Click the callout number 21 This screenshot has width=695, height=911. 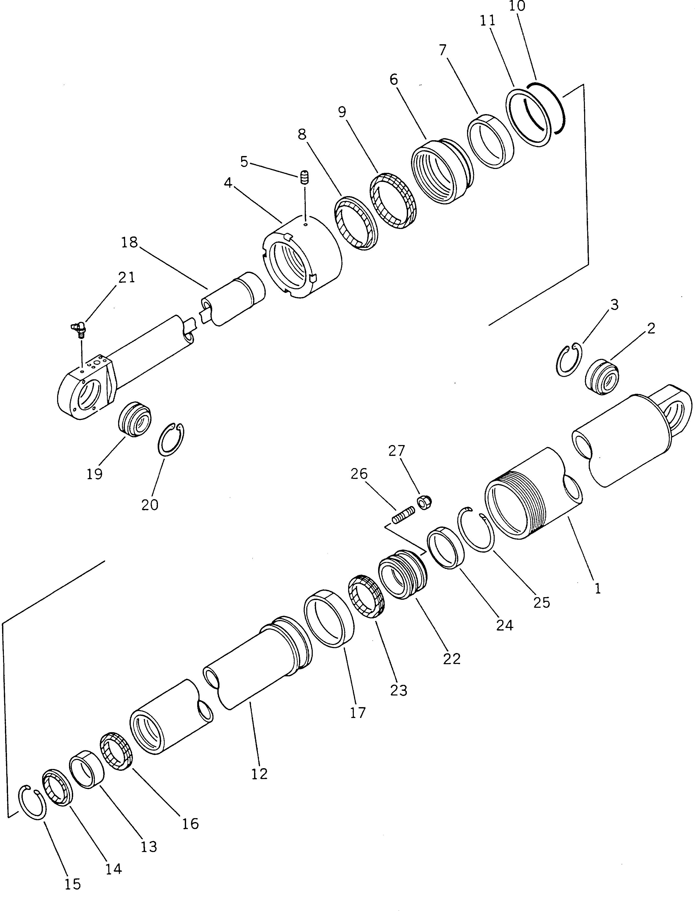click(x=127, y=277)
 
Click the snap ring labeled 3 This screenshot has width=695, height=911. click(x=568, y=360)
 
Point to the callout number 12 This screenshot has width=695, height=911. click(x=259, y=773)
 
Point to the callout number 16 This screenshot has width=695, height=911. click(x=190, y=824)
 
